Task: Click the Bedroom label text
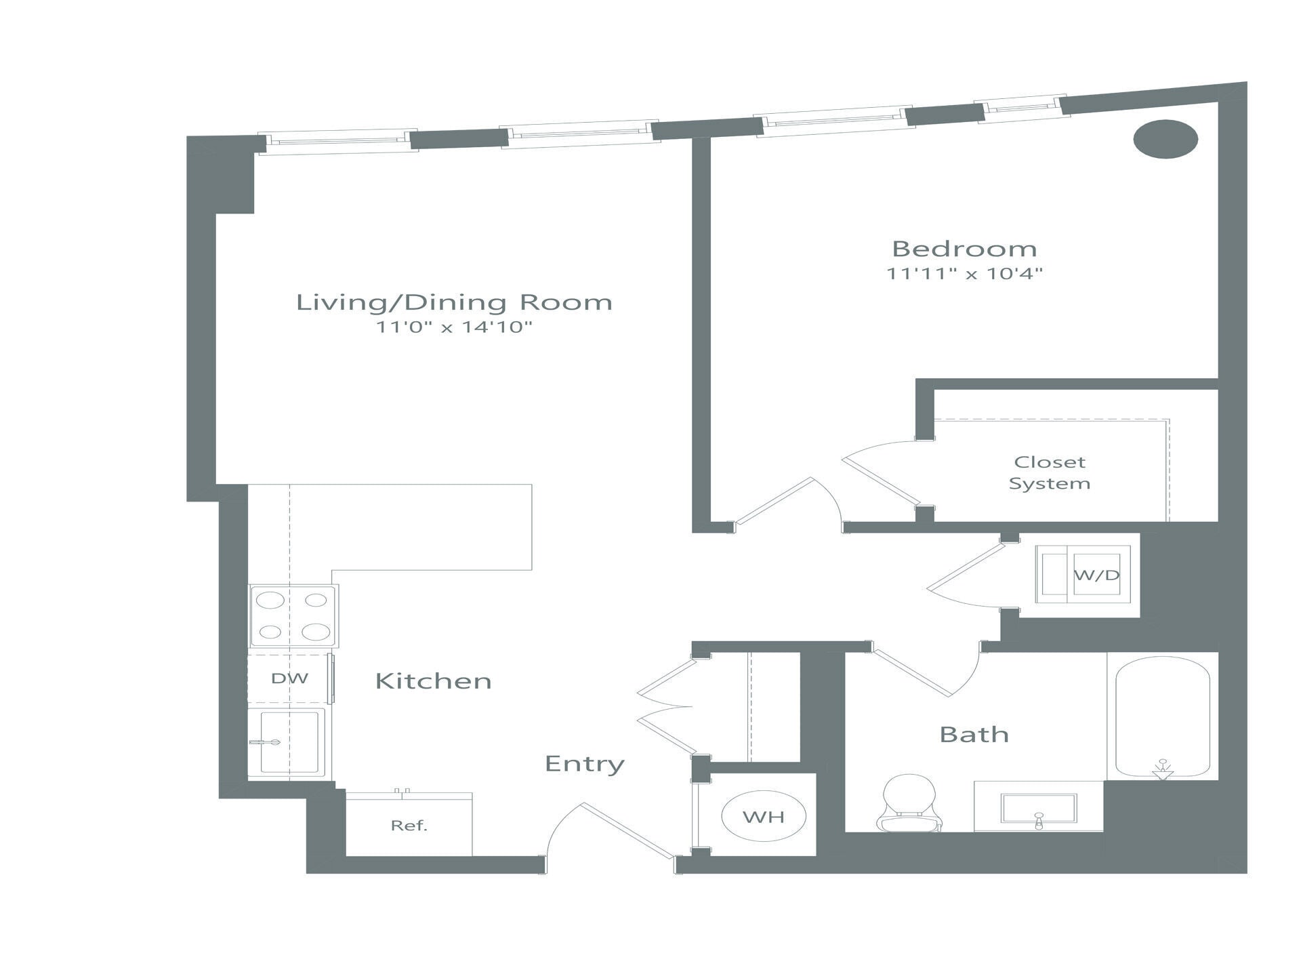tap(964, 249)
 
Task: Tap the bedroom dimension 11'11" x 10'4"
tap(964, 274)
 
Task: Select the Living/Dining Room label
tap(454, 302)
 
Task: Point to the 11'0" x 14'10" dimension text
tap(454, 327)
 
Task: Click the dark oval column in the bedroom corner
tap(1165, 139)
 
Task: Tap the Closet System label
tap(1049, 472)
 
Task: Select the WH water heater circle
tap(764, 817)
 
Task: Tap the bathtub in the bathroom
tap(1162, 717)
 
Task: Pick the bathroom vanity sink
tap(1038, 808)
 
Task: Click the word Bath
tap(974, 735)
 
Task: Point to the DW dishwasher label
tap(289, 678)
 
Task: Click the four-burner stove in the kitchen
tap(293, 616)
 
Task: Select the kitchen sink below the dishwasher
tap(289, 741)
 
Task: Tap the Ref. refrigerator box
tap(409, 826)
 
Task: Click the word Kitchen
tap(433, 681)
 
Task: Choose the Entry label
tap(584, 764)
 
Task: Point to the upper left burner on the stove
tap(270, 601)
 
